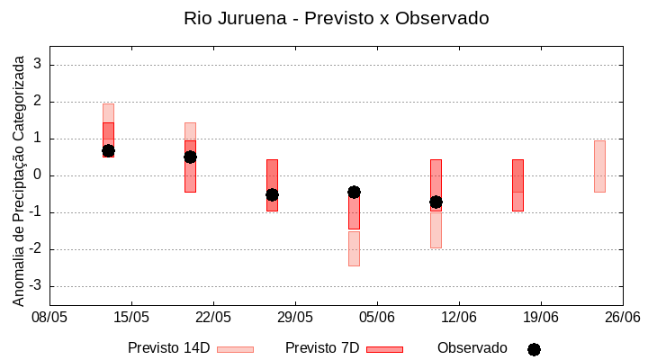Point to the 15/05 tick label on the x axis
tap(131, 317)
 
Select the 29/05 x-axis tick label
tap(295, 317)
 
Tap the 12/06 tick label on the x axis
tap(459, 317)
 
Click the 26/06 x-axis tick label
tap(622, 317)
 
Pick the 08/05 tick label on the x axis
tap(49, 317)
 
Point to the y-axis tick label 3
tap(38, 65)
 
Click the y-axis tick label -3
tap(35, 286)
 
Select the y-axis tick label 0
tap(38, 175)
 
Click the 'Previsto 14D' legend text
tap(168, 348)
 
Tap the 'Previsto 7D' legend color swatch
tap(384, 349)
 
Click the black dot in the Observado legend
tap(534, 349)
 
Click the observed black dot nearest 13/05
tap(108, 151)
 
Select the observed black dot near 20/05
tap(190, 157)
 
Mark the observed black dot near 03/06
tap(354, 192)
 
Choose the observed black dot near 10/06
tap(436, 202)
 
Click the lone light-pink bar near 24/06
tap(599, 166)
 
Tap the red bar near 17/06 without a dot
tap(517, 184)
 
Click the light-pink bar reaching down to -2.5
tap(354, 248)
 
